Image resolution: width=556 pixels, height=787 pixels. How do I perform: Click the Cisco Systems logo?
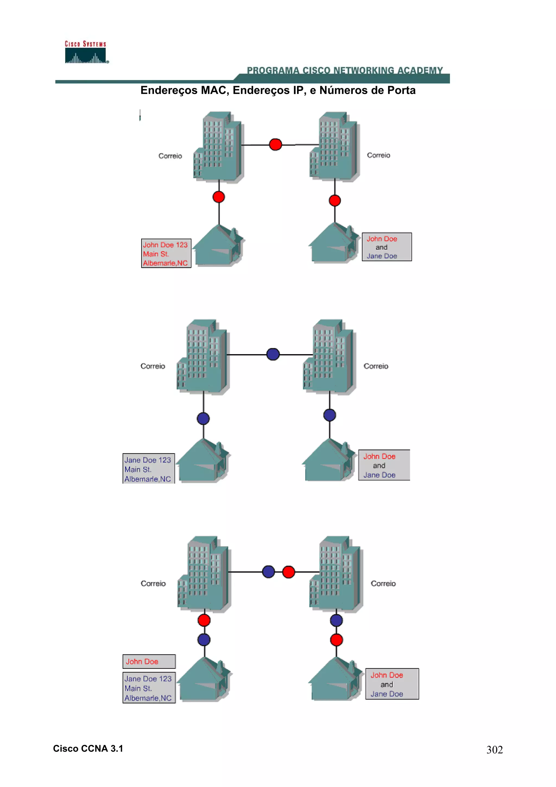click(86, 52)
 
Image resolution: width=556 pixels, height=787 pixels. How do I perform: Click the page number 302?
click(494, 750)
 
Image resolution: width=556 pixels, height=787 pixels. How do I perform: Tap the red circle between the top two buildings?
click(276, 144)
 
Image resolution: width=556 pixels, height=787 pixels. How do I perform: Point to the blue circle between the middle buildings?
click(273, 354)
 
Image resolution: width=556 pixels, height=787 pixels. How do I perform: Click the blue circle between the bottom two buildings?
click(268, 571)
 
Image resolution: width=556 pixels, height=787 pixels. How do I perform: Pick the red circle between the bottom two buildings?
click(288, 572)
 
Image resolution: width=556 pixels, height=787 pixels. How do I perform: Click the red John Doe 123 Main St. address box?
click(166, 253)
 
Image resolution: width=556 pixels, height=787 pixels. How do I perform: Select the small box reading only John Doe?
click(149, 662)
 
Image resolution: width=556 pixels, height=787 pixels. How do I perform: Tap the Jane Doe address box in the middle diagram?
click(149, 469)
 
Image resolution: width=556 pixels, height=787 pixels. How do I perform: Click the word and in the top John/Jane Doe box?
click(381, 247)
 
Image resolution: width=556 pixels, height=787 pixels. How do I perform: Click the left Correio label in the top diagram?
click(170, 156)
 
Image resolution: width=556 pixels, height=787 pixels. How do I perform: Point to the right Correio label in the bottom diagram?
click(383, 583)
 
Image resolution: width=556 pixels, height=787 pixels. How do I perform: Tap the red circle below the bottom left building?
click(204, 620)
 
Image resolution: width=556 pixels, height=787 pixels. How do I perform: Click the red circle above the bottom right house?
click(336, 640)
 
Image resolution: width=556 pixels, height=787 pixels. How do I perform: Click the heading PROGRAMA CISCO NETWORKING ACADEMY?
click(345, 70)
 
